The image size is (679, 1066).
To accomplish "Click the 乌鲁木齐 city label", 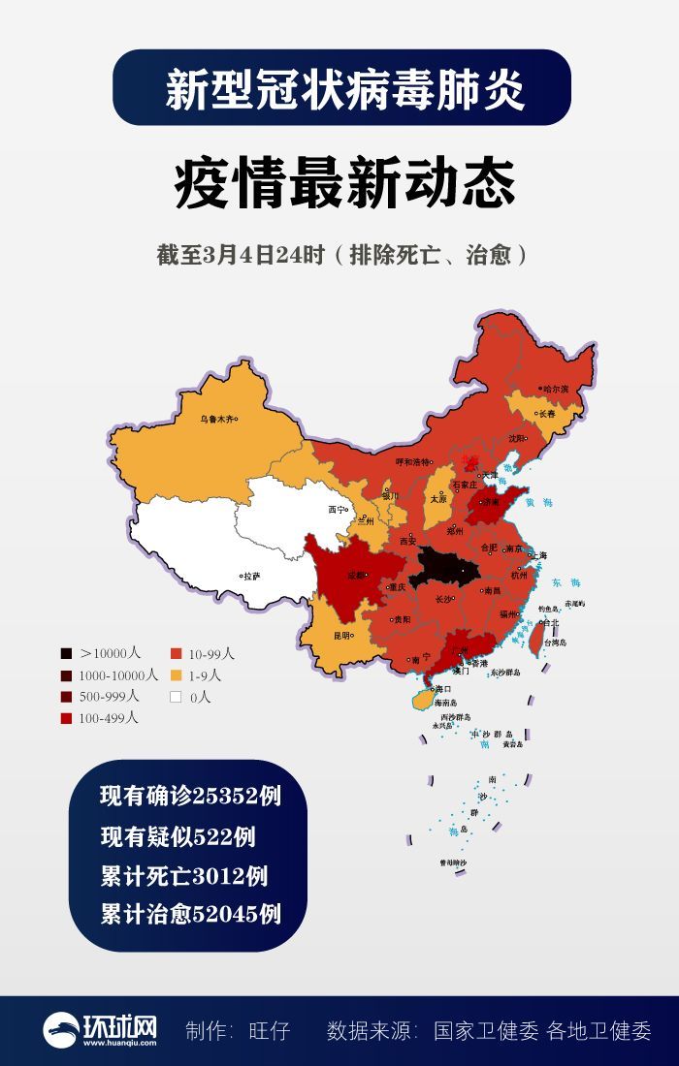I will pyautogui.click(x=217, y=420).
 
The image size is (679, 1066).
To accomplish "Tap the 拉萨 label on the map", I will pyautogui.click(x=251, y=575).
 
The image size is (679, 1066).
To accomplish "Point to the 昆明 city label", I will pyautogui.click(x=342, y=636).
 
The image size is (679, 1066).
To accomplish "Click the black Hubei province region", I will pyautogui.click(x=444, y=567).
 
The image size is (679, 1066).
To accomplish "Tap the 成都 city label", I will pyautogui.click(x=358, y=574).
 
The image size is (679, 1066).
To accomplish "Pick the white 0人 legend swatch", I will pyautogui.click(x=177, y=697).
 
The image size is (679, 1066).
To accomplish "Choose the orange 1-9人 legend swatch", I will pyautogui.click(x=177, y=675).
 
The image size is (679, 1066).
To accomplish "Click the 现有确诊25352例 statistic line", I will pyautogui.click(x=190, y=797).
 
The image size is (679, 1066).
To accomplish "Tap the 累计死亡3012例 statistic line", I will pyautogui.click(x=183, y=876).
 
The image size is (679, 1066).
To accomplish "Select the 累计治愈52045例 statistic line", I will pyautogui.click(x=190, y=913).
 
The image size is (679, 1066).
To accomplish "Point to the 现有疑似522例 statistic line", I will pyautogui.click(x=178, y=837).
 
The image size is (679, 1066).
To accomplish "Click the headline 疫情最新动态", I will pyautogui.click(x=344, y=183).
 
